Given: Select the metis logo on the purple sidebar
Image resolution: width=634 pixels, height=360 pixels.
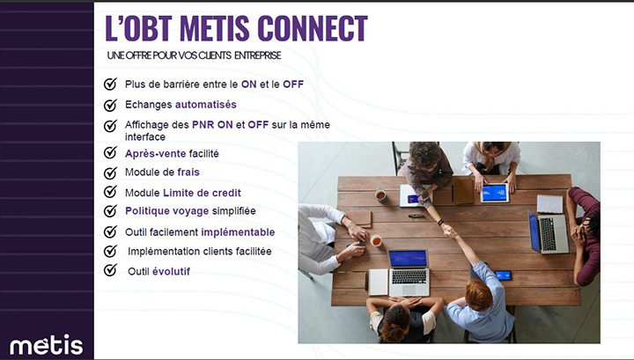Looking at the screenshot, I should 46,343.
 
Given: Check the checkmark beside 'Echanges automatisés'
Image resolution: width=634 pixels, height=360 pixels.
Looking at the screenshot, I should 110,105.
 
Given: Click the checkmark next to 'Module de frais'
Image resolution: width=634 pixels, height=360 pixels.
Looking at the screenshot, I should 110,173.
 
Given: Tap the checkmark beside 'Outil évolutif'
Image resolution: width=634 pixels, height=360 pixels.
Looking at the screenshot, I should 110,270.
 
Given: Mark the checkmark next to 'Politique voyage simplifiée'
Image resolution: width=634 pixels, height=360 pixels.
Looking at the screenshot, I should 110,211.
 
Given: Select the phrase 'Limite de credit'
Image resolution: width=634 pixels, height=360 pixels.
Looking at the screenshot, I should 202,192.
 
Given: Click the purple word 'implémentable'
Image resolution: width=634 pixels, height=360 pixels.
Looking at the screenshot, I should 238,232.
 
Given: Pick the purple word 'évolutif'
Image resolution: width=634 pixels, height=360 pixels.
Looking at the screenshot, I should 171,271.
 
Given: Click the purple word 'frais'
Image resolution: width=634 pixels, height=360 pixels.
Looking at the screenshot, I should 188,173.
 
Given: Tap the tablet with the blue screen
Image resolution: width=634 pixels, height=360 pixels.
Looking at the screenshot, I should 494,192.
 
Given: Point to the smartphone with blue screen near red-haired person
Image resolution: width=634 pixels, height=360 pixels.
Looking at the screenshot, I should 503,276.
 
